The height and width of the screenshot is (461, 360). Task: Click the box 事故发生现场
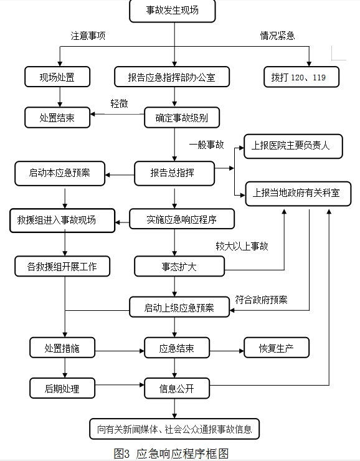pyautogui.click(x=172, y=11)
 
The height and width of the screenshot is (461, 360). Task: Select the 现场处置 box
pyautogui.click(x=57, y=77)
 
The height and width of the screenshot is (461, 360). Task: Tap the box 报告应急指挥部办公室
pyautogui.click(x=172, y=77)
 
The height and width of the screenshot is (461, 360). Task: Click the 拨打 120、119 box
pyautogui.click(x=301, y=77)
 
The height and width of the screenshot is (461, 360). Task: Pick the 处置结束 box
pyautogui.click(x=57, y=117)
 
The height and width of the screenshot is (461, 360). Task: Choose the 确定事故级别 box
pyautogui.click(x=182, y=117)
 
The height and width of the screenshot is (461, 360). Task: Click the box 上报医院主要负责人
pyautogui.click(x=293, y=146)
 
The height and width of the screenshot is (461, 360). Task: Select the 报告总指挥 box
pyautogui.click(x=174, y=173)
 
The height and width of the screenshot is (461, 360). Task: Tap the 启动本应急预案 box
pyautogui.click(x=60, y=173)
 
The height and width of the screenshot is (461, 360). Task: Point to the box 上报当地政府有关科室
pyautogui.click(x=298, y=194)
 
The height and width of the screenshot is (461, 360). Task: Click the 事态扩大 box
pyautogui.click(x=179, y=267)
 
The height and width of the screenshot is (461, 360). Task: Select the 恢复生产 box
pyautogui.click(x=277, y=348)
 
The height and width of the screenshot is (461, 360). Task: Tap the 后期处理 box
pyautogui.click(x=62, y=388)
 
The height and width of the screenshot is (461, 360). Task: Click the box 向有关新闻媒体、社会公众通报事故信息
pyautogui.click(x=174, y=429)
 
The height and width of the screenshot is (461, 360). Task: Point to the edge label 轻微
pyautogui.click(x=120, y=103)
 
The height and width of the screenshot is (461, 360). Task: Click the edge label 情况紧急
pyautogui.click(x=277, y=36)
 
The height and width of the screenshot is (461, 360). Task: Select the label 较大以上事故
pyautogui.click(x=242, y=246)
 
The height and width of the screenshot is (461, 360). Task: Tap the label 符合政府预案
pyautogui.click(x=261, y=300)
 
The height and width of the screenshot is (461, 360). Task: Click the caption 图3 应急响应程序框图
pyautogui.click(x=171, y=454)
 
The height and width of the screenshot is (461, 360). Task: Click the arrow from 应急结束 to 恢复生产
pyautogui.click(x=227, y=351)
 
